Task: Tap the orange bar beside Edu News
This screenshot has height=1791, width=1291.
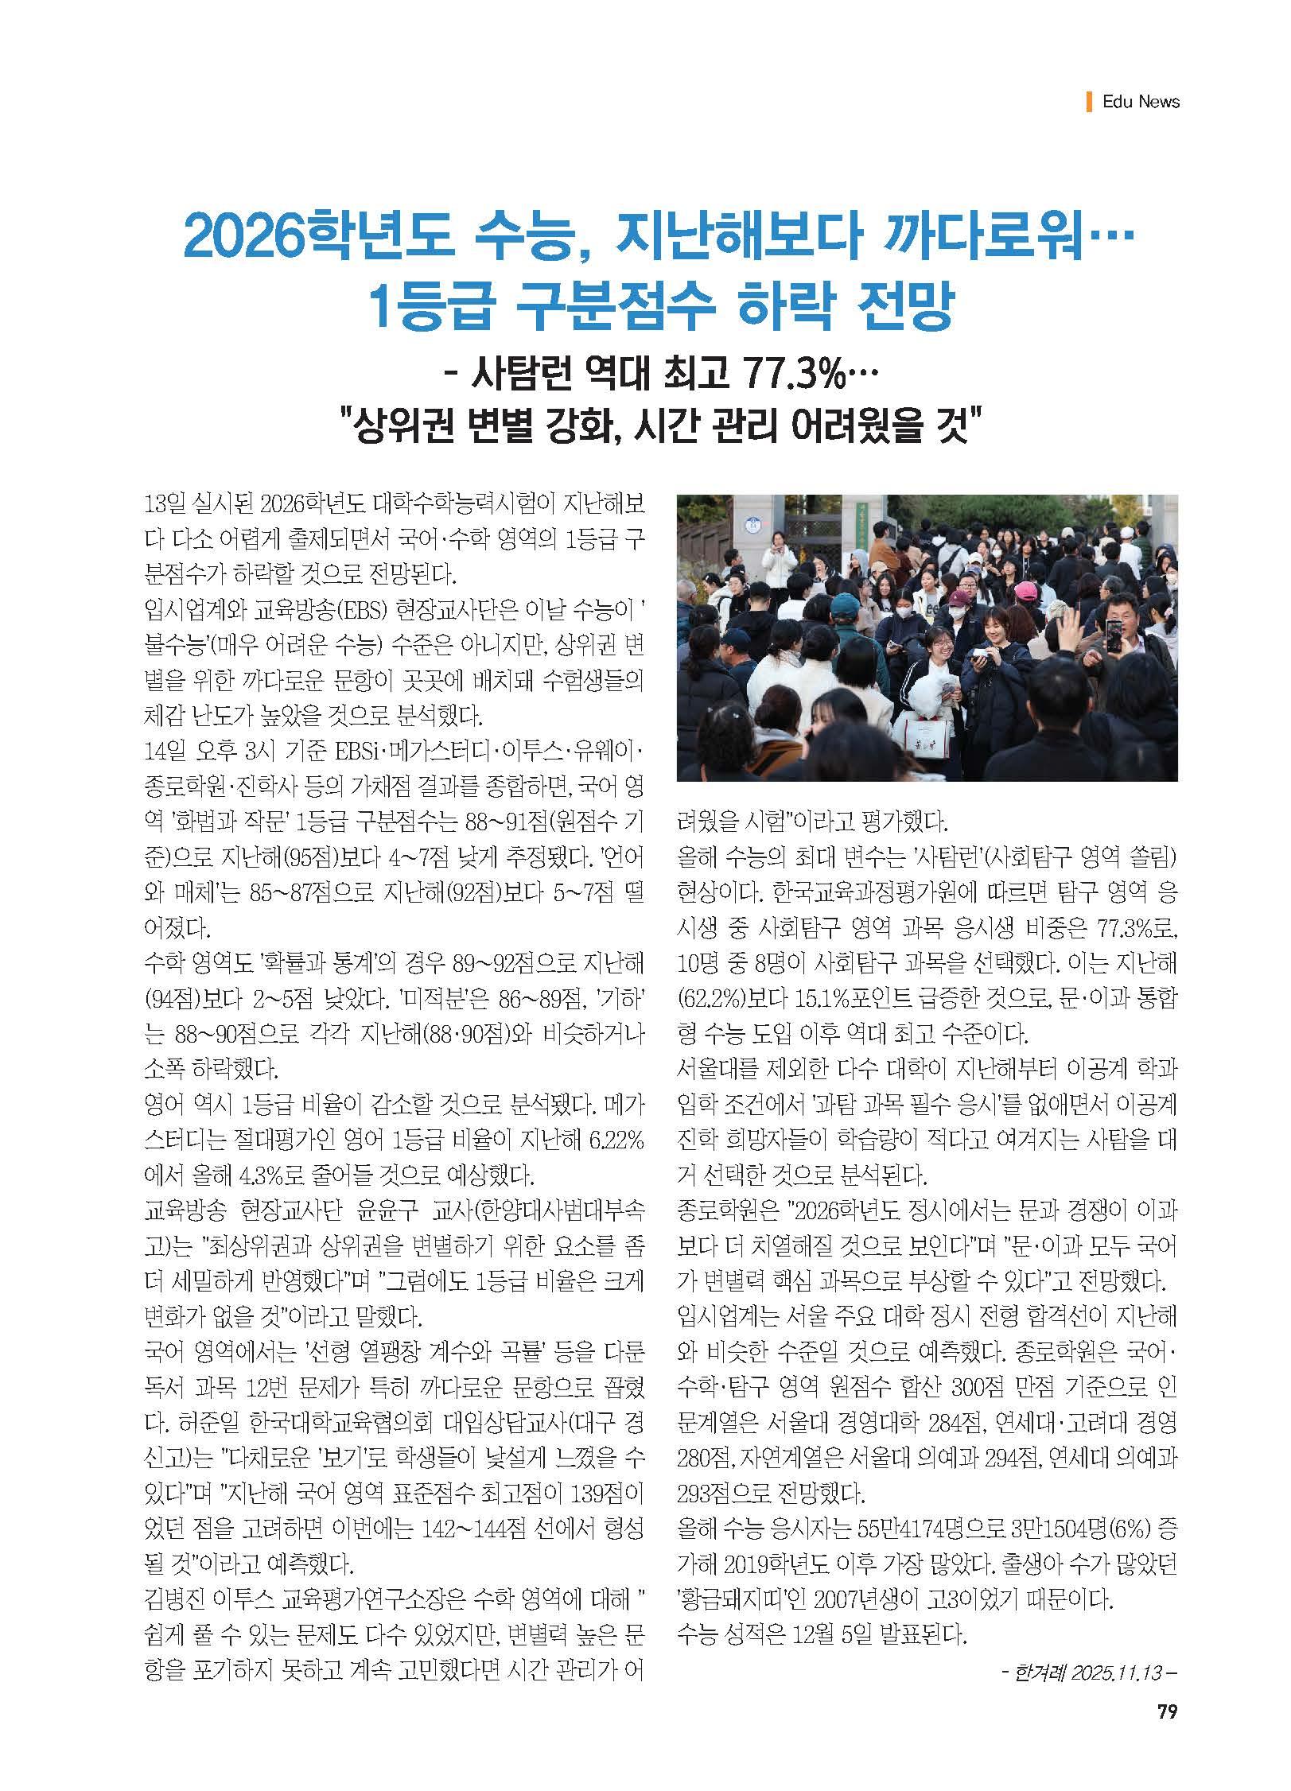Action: point(1088,102)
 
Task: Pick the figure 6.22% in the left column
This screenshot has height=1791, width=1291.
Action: point(612,1139)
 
